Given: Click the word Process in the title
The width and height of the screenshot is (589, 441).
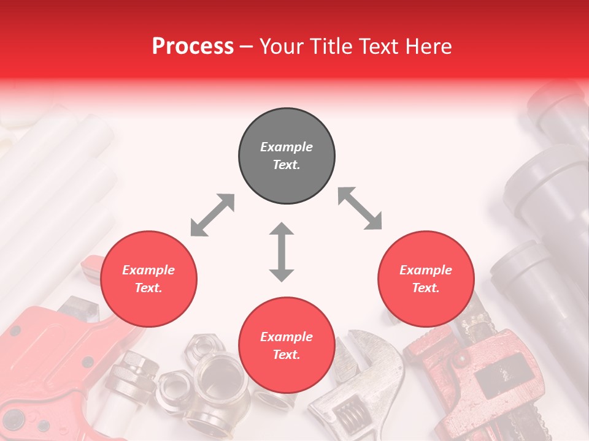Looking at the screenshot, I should (x=193, y=46).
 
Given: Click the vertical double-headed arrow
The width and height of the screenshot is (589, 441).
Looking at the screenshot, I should (x=282, y=252).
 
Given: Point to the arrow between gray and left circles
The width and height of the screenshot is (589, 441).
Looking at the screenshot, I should (x=212, y=215).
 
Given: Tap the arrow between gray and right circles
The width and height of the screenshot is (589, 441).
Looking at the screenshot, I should (x=360, y=208).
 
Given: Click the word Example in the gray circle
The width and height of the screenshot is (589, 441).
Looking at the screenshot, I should (x=287, y=147).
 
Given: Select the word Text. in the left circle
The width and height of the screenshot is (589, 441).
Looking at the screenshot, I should (x=148, y=288).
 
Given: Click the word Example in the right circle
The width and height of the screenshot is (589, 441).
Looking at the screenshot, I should (x=426, y=270).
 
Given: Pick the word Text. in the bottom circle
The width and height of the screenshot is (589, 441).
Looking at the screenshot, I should (x=287, y=355).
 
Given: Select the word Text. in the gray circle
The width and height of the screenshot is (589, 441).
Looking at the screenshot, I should (x=287, y=165).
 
